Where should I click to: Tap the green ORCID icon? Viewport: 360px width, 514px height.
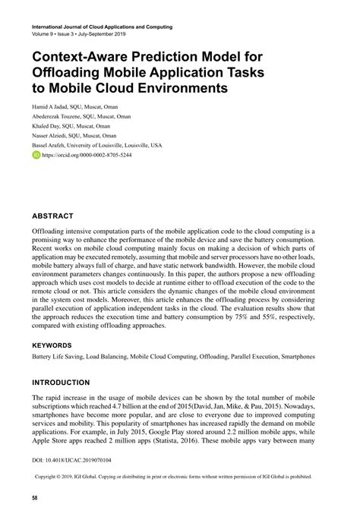[x=36, y=153]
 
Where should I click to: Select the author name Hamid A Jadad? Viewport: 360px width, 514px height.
[x=51, y=107]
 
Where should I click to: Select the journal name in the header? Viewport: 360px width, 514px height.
[x=102, y=27]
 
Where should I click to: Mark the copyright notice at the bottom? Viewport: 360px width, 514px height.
[x=181, y=478]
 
